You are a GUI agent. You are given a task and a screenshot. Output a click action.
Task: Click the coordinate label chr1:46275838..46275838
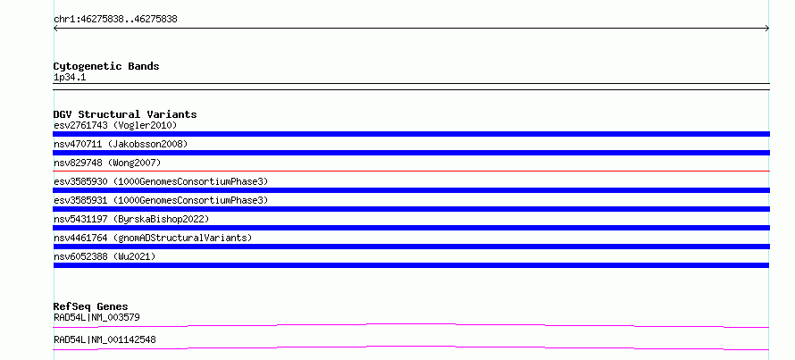(x=115, y=20)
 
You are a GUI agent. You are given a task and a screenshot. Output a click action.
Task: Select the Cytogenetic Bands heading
(x=106, y=66)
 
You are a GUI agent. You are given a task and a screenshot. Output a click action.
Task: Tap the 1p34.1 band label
(x=70, y=78)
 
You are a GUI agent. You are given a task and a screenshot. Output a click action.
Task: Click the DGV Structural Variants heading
(x=125, y=114)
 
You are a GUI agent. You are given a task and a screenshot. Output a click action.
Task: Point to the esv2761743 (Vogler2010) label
(x=115, y=125)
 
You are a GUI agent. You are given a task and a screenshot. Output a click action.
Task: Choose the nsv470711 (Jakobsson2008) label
(x=121, y=144)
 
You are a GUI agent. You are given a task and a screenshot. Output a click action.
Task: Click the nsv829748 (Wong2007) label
(x=107, y=163)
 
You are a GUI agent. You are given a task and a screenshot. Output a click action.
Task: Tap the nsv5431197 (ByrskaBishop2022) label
(x=131, y=219)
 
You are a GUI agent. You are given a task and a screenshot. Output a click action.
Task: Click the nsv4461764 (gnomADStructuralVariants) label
(x=153, y=238)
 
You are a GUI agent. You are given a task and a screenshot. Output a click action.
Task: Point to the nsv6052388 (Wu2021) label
(x=105, y=256)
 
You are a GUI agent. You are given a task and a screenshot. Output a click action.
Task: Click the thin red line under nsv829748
(x=411, y=171)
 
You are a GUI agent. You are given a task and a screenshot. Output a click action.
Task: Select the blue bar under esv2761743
(x=411, y=134)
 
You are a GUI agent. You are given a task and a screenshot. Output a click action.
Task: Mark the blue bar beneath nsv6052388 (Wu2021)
(x=411, y=265)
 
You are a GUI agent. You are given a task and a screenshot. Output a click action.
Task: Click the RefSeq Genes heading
(x=91, y=306)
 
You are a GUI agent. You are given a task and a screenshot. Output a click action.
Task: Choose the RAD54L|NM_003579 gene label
(x=96, y=317)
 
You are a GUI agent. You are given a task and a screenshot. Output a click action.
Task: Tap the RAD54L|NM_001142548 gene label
(x=105, y=339)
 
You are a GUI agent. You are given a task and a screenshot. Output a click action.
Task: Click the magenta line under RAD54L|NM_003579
(x=411, y=325)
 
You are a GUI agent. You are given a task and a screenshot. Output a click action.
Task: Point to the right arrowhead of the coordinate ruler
(x=768, y=29)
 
